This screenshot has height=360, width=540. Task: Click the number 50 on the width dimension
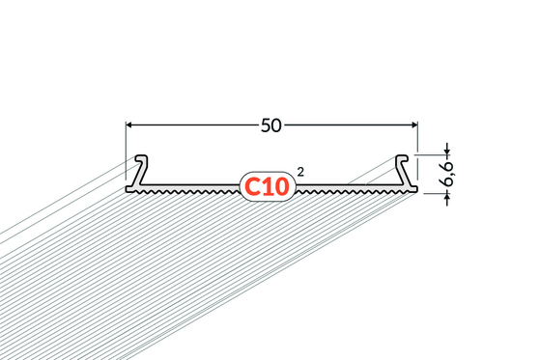click(271, 125)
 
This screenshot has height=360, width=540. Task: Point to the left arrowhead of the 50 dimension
click(129, 125)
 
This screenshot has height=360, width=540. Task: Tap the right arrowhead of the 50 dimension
click(414, 125)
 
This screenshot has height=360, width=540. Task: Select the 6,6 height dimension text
click(448, 174)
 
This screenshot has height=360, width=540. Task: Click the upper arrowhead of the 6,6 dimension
click(447, 152)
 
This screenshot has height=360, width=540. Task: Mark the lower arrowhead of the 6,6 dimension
click(447, 197)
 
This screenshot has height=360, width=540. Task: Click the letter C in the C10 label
click(252, 187)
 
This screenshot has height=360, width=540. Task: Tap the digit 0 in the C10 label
click(281, 187)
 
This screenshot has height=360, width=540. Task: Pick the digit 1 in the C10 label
click(267, 187)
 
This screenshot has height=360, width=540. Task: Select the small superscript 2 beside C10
click(300, 172)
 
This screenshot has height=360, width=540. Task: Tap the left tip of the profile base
click(126, 189)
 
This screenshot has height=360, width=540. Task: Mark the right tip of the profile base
click(417, 189)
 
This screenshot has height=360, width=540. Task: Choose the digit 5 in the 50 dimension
click(266, 125)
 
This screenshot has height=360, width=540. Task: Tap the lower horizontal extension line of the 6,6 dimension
click(437, 193)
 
